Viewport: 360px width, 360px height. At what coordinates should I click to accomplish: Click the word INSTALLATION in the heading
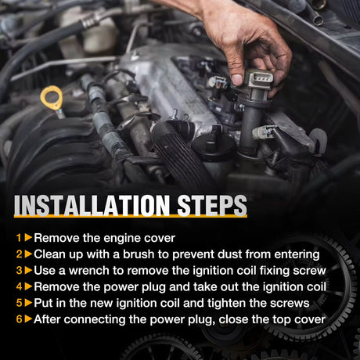(92, 206)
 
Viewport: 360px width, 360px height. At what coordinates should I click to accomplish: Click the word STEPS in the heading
(212, 206)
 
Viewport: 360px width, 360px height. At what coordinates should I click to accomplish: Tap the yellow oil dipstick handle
(52, 97)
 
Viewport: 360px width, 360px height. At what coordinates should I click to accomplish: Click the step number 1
(19, 238)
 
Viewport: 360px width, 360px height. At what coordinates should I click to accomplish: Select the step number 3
(19, 271)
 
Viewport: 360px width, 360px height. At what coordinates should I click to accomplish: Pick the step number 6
(19, 319)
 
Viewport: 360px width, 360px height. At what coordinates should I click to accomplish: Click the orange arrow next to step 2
(28, 254)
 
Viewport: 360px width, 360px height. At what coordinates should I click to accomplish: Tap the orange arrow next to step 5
(28, 303)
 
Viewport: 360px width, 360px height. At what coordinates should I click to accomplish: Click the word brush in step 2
(139, 254)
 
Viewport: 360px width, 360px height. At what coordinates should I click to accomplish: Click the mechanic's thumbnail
(237, 80)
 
